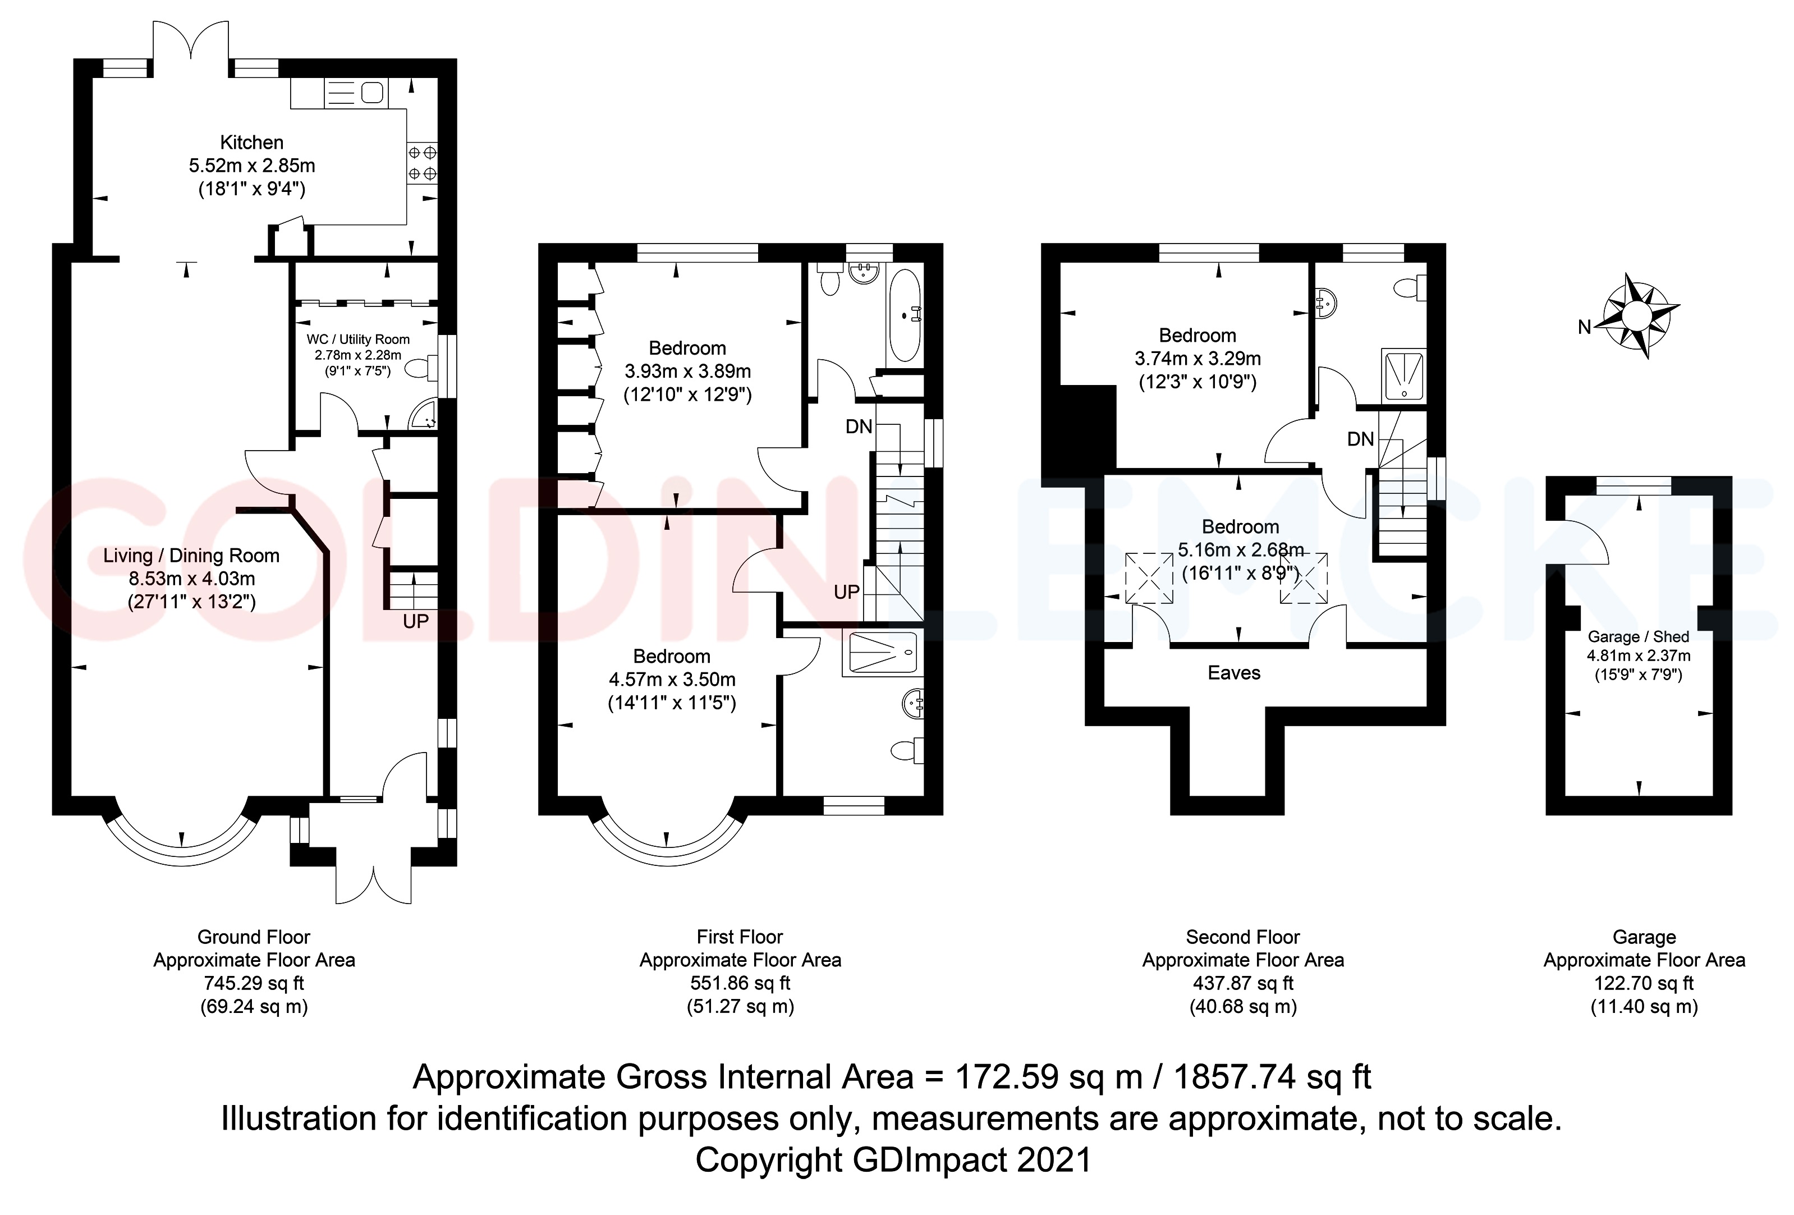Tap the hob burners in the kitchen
tap(422, 164)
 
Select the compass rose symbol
tap(1640, 315)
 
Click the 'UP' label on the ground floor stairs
tap(415, 621)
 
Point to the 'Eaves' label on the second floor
tap(1233, 673)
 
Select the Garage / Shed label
tap(1638, 637)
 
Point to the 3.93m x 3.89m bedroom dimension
tap(687, 372)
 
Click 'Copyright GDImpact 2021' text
tap(893, 1160)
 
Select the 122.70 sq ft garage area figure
tap(1644, 983)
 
